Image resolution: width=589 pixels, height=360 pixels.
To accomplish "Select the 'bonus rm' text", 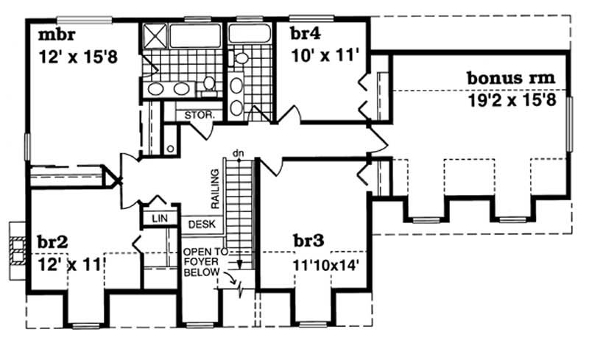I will pyautogui.click(x=510, y=77).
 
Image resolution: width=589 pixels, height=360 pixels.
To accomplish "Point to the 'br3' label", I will pyautogui.click(x=308, y=240).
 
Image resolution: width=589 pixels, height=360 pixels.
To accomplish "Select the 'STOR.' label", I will pyautogui.click(x=199, y=115).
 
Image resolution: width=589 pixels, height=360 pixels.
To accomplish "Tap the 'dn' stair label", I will pyautogui.click(x=237, y=153).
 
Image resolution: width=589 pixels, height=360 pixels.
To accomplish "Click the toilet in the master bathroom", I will pyautogui.click(x=209, y=82).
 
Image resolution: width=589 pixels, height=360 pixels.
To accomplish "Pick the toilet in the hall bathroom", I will pyautogui.click(x=241, y=57).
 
